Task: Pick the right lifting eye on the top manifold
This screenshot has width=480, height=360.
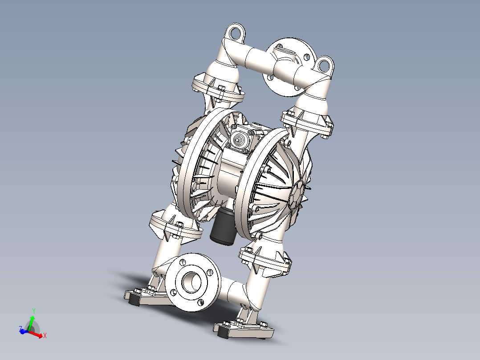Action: (x=325, y=65)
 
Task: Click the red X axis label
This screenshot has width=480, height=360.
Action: (x=45, y=335)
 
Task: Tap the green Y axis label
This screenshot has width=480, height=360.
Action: (x=34, y=311)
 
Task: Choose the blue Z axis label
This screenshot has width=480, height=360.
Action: (x=20, y=329)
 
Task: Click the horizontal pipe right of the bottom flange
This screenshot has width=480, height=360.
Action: (x=232, y=292)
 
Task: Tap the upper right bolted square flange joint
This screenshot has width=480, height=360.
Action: (x=307, y=123)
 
